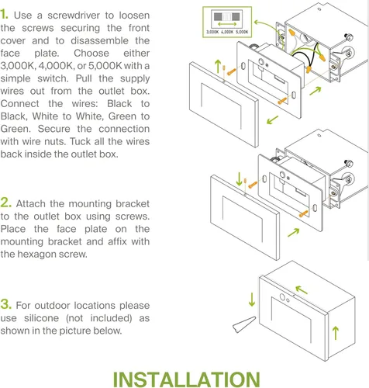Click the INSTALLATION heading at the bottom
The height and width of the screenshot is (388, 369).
click(186, 378)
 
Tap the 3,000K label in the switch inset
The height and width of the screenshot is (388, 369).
click(215, 32)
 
